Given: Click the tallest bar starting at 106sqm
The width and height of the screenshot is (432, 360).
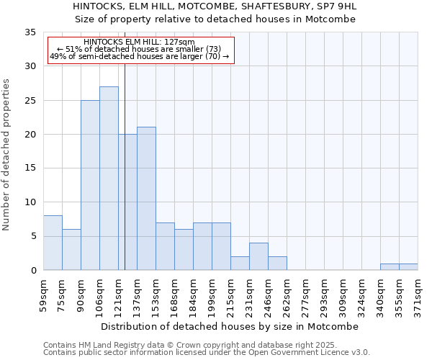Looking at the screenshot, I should pos(109,179).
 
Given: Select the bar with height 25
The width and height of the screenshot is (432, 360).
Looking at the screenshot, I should pos(90,185).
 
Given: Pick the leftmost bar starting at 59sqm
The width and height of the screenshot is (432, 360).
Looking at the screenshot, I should pos(53,243).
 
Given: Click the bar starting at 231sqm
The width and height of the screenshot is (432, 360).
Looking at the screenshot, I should pos(258,256).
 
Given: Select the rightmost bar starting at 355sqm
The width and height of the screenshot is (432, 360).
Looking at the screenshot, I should pos(408,266).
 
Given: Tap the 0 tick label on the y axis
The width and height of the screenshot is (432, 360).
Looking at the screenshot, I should pos(32,270).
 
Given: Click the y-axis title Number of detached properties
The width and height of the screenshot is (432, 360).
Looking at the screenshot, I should pos(7,155).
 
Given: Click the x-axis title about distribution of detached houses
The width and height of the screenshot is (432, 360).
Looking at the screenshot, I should pos(230,326).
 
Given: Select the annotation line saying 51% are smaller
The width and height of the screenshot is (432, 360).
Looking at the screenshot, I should pos(139,50).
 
